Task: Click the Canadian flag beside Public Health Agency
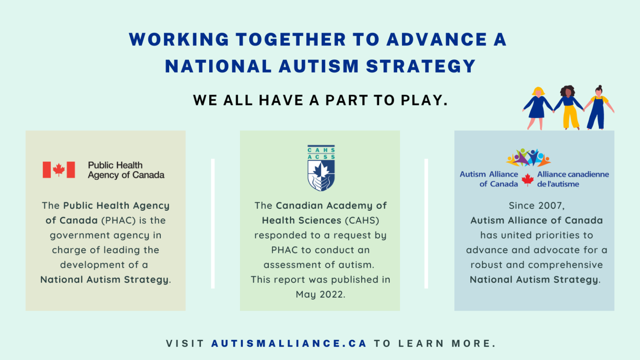click(59, 170)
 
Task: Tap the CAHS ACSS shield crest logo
click(321, 168)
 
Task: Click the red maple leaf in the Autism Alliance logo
click(527, 180)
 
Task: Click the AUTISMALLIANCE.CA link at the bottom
click(289, 344)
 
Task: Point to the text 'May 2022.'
click(320, 295)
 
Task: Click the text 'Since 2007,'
click(536, 206)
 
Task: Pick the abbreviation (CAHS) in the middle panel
click(362, 220)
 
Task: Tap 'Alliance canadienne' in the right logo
click(573, 175)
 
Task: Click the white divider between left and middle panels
click(213, 223)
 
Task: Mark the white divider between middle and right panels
click(426, 223)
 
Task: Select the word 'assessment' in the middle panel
click(290, 265)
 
